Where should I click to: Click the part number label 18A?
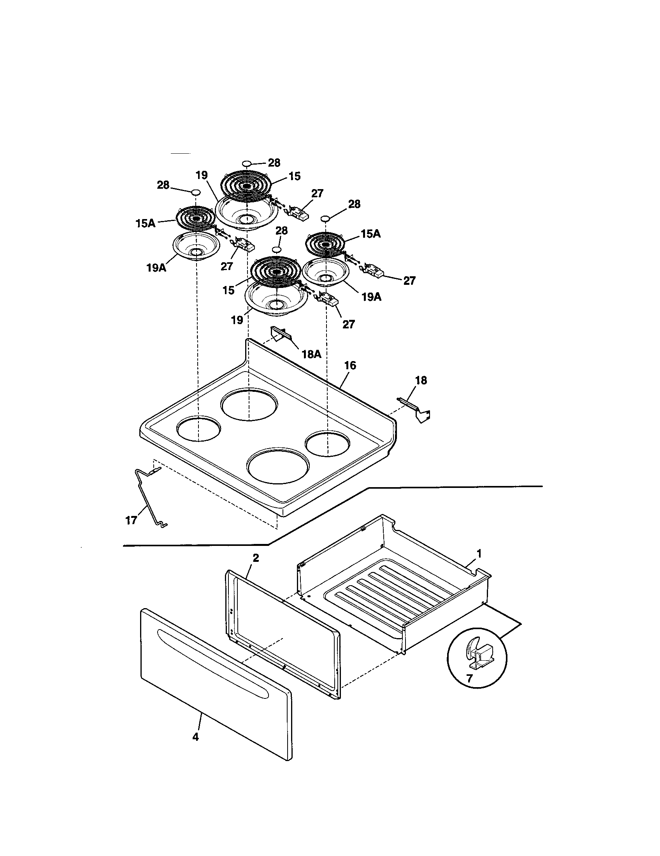[311, 354]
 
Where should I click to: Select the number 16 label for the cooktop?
[350, 365]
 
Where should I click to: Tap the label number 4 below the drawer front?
[195, 737]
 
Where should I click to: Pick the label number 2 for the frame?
[255, 558]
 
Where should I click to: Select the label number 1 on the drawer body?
[479, 553]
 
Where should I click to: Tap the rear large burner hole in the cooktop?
[249, 405]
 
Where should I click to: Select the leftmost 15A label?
[145, 223]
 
